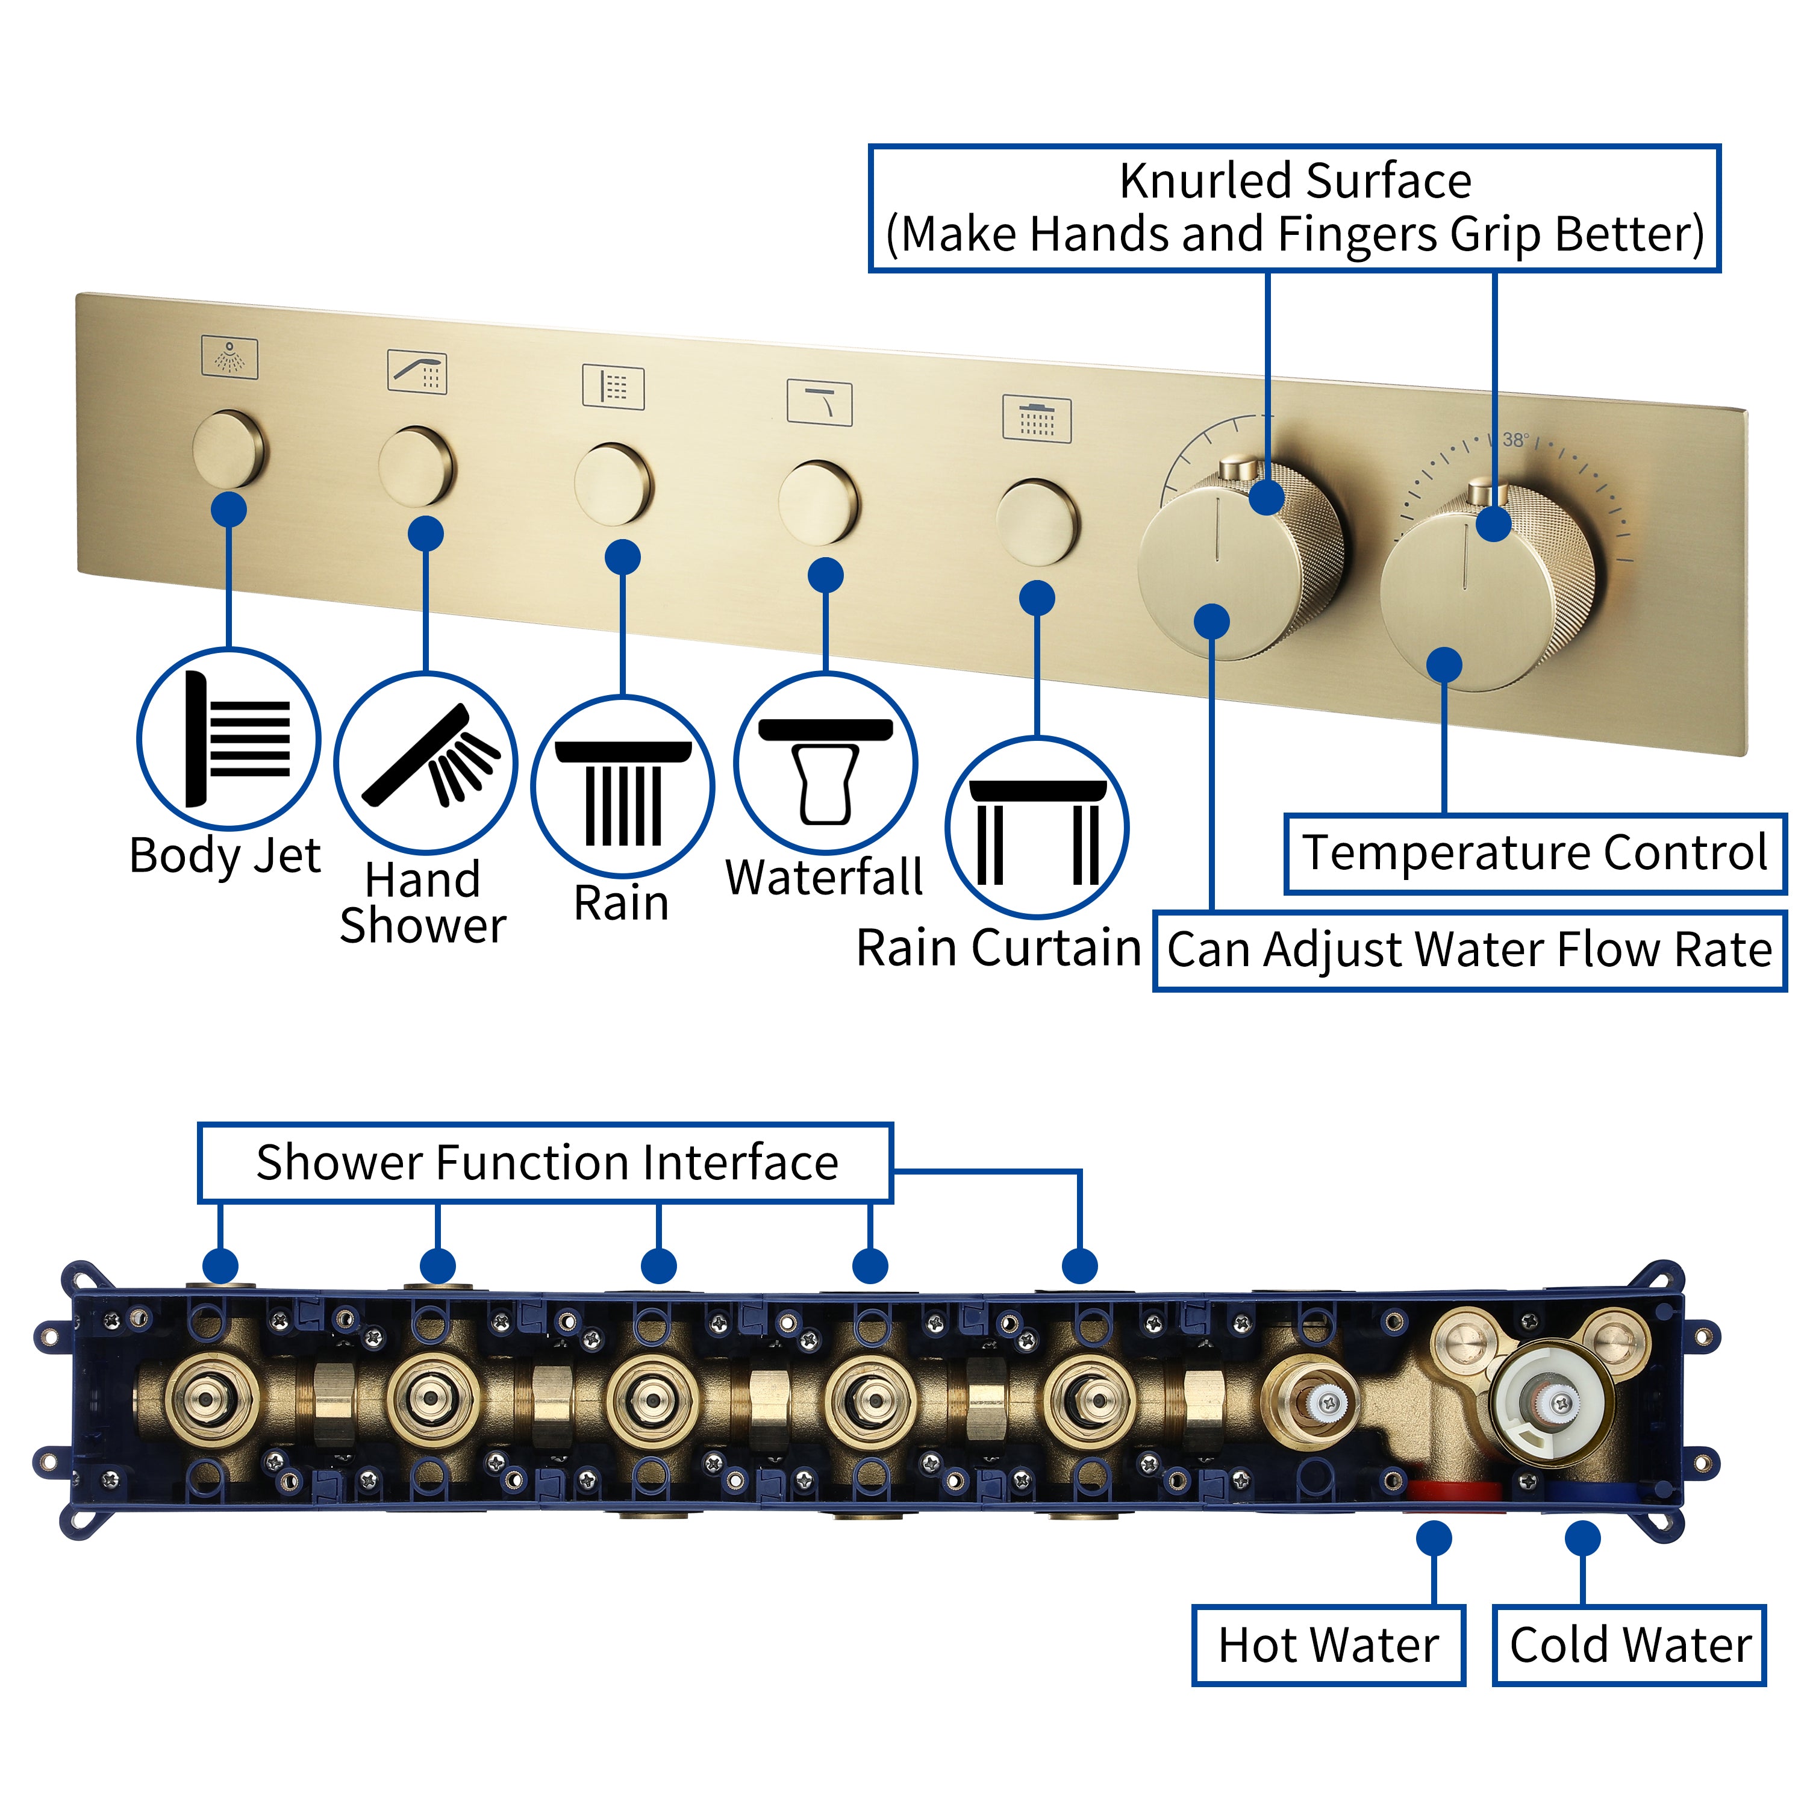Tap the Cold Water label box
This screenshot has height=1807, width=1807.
1628,1644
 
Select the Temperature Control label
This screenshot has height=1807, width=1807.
1534,853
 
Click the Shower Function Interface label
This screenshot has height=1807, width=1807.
546,1163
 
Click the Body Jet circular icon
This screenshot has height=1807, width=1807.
228,739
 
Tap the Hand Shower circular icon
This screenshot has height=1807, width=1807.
426,763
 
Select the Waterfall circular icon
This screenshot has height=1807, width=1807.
825,763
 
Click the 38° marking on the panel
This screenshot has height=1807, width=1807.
1515,440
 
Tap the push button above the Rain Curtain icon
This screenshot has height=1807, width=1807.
1036,522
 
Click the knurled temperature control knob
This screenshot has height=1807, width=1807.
1487,589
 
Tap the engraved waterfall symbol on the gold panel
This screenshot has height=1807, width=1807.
819,403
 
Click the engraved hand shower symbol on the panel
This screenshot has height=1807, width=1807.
417,371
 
